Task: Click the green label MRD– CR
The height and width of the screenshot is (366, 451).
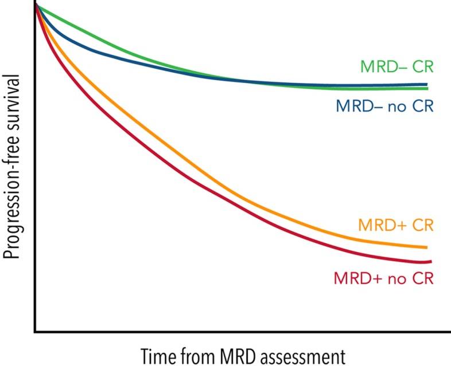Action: [396, 66]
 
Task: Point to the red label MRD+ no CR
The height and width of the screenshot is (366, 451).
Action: [383, 279]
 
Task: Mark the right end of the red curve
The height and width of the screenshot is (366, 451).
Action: [430, 261]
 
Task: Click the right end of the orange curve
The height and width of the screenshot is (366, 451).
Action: [427, 247]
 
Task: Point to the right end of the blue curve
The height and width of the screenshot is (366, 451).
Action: [427, 84]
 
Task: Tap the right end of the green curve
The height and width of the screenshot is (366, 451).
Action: [427, 88]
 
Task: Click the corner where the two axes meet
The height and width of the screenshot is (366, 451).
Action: [36, 331]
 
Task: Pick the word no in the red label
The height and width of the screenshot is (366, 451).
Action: [396, 279]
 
